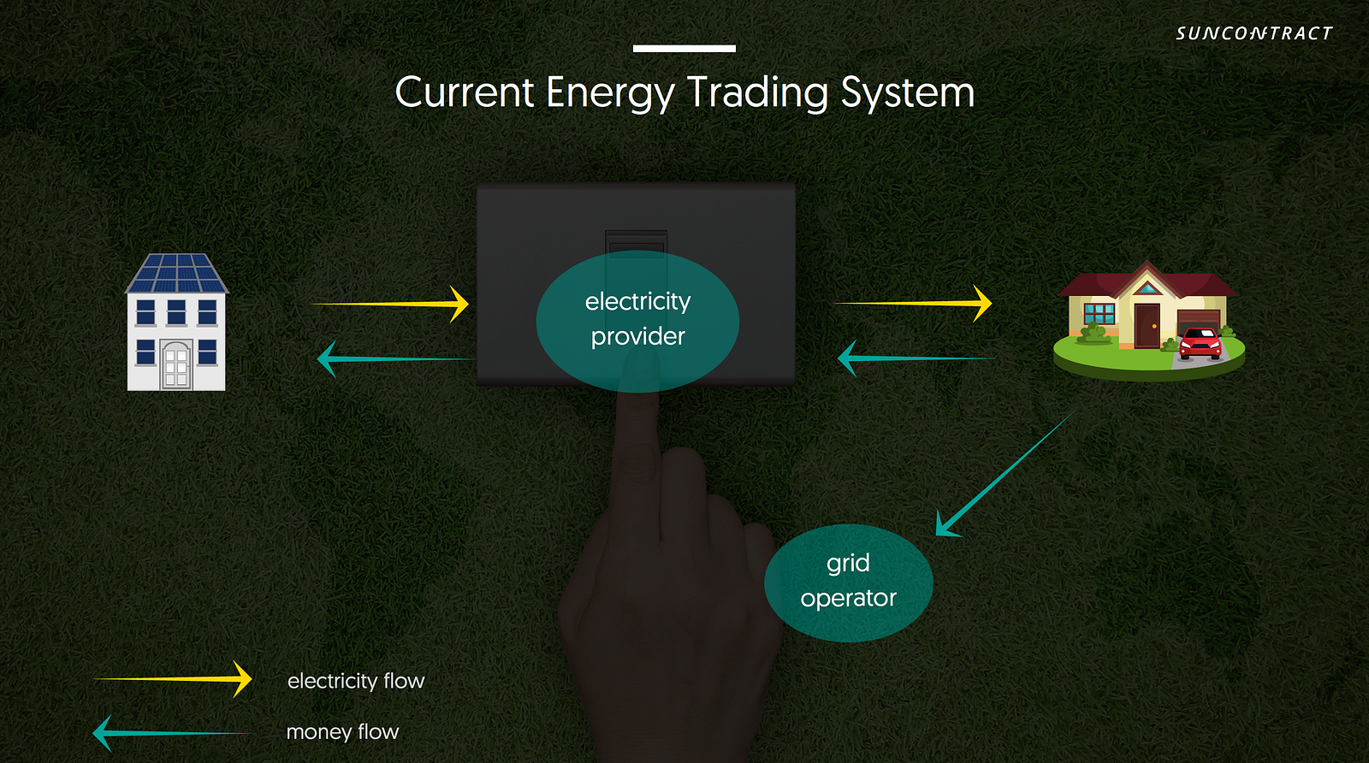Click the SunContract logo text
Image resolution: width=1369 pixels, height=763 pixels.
click(x=1253, y=33)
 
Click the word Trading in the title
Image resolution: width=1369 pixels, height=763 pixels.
click(x=757, y=92)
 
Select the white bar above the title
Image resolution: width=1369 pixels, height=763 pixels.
click(x=684, y=49)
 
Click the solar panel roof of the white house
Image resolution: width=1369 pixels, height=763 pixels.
click(x=177, y=274)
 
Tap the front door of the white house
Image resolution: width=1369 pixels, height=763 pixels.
click(x=176, y=366)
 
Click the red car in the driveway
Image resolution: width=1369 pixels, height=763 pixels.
click(x=1200, y=343)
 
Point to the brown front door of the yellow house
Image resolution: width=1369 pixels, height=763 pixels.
click(x=1147, y=325)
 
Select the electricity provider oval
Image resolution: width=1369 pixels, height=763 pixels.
click(x=637, y=321)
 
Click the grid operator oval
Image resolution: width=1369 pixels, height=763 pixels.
click(x=848, y=583)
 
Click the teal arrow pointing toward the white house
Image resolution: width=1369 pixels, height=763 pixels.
click(x=394, y=358)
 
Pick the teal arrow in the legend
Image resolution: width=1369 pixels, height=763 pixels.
click(x=171, y=733)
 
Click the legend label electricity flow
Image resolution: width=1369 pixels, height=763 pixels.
click(x=356, y=681)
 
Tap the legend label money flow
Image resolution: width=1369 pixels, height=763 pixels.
click(x=342, y=732)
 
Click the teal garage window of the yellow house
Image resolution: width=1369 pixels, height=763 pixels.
click(x=1099, y=313)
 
